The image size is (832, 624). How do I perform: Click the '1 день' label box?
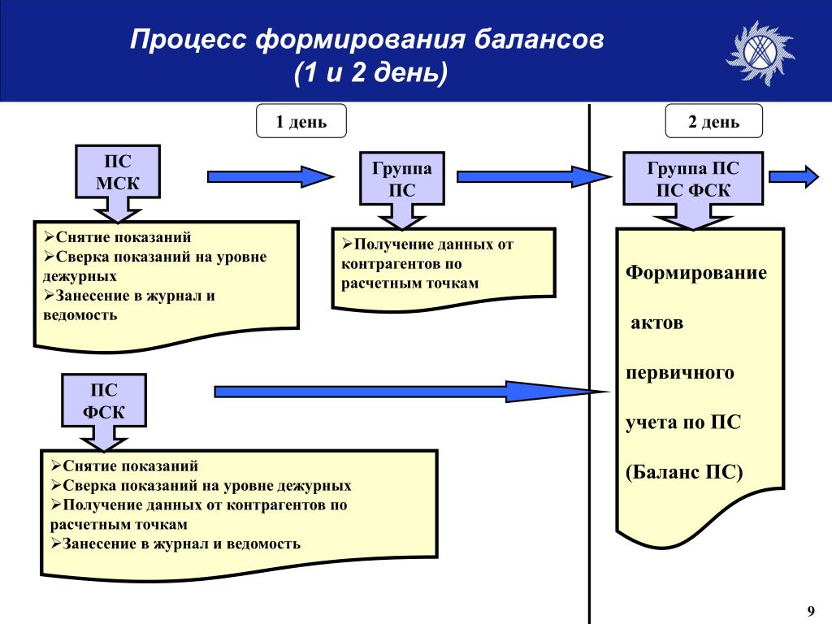301,122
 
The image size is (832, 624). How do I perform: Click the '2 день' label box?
714,122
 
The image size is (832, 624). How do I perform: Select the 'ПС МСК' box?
118,171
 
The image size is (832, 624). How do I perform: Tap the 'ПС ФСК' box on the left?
104,401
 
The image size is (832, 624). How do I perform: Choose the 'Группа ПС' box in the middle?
402,179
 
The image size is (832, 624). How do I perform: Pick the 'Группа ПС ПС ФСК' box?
693,179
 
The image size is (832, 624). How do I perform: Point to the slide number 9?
810,610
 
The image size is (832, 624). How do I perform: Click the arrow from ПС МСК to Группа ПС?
271,176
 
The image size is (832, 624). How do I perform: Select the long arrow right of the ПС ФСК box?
410,392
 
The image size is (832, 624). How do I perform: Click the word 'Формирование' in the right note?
696,272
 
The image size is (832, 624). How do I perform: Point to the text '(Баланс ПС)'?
685,472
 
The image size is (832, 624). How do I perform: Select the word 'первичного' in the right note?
680,373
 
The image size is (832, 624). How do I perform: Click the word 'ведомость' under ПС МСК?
81,314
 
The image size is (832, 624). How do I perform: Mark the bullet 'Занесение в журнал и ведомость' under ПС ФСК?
175,544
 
